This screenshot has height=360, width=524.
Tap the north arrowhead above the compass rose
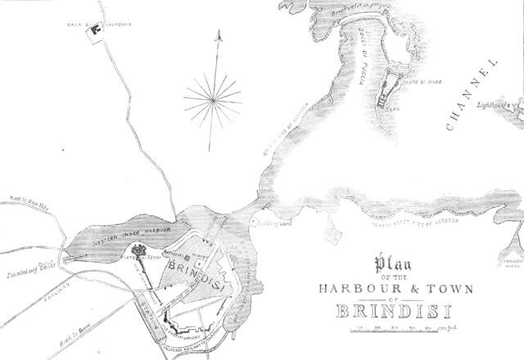pos(219,36)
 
